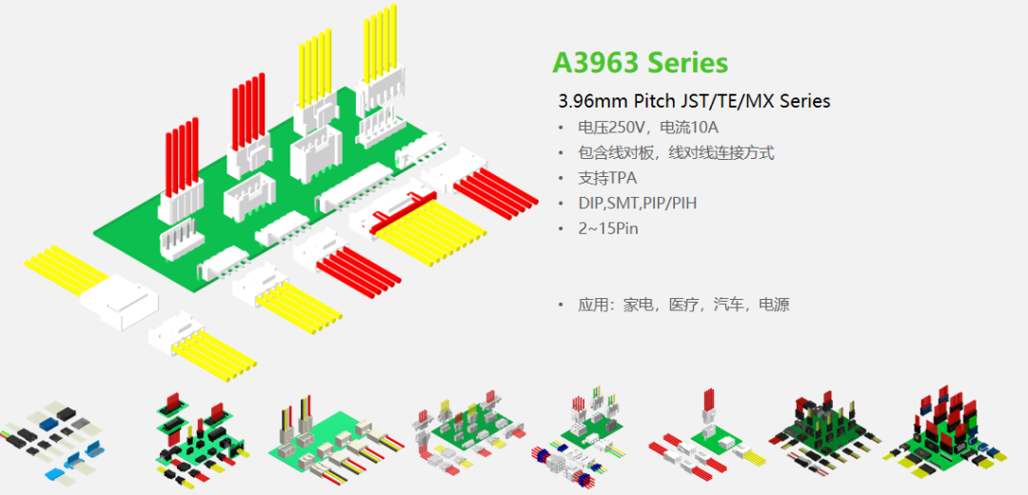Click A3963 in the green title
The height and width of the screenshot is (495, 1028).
pyautogui.click(x=595, y=63)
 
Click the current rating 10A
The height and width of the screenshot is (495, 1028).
pyautogui.click(x=705, y=128)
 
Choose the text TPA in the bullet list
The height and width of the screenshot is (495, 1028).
pyautogui.click(x=622, y=178)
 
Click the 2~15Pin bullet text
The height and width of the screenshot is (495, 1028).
pyautogui.click(x=607, y=229)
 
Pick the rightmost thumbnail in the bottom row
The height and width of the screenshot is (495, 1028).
pyautogui.click(x=943, y=433)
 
